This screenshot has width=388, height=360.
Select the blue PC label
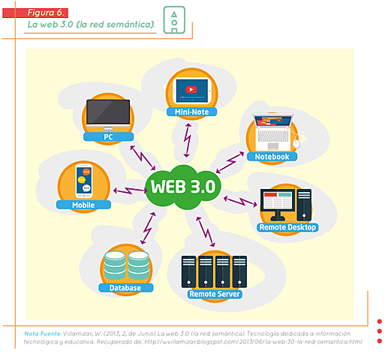pos(108,137)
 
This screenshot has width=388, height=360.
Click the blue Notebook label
pos(272,157)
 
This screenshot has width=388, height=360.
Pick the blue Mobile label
pos(83,204)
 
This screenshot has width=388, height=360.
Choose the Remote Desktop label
pos(287,227)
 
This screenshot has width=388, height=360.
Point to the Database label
pos(125,287)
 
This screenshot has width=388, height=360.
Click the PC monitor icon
pos(108,115)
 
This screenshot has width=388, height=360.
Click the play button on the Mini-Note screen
pos(191,88)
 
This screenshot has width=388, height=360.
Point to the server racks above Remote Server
pos(214,271)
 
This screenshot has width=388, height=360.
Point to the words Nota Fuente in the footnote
pos(41,332)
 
